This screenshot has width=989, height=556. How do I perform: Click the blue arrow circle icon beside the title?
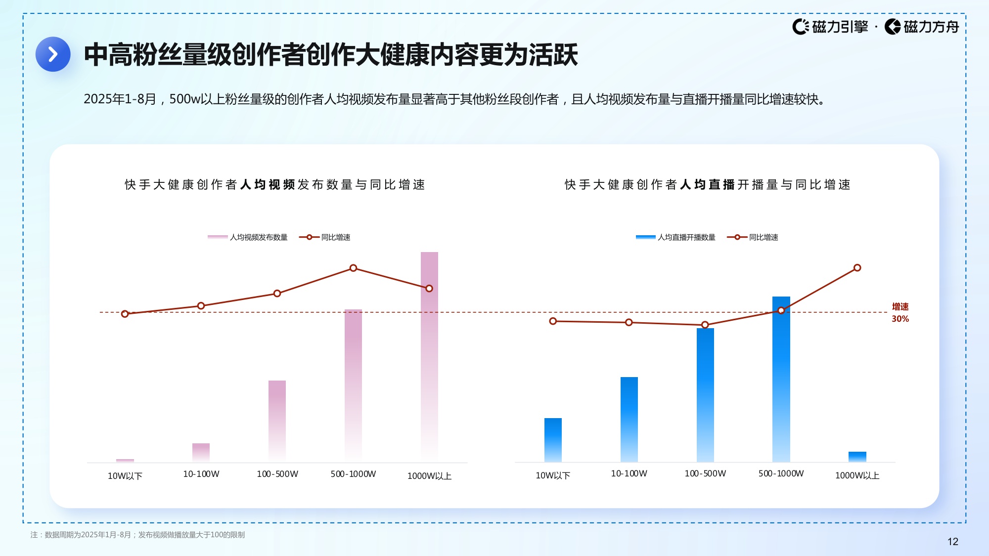[53, 54]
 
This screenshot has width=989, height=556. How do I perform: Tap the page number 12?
[952, 542]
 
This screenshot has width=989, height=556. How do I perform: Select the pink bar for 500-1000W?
[353, 385]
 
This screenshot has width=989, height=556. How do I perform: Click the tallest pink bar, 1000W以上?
[429, 356]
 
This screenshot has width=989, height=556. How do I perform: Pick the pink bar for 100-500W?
[277, 420]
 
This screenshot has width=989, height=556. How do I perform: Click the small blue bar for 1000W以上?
[857, 457]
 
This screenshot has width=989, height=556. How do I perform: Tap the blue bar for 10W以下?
[553, 440]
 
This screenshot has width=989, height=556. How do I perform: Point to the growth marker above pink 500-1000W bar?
[353, 268]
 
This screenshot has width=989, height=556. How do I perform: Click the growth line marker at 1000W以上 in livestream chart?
[857, 268]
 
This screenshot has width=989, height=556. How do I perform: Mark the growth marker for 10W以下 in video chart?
[125, 314]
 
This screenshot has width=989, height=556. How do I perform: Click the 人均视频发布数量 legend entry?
[248, 237]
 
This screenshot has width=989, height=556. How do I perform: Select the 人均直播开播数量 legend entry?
[675, 237]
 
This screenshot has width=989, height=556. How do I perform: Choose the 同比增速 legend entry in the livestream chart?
[753, 237]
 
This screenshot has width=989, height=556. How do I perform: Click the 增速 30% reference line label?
[900, 313]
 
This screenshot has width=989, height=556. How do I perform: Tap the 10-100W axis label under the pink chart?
[201, 474]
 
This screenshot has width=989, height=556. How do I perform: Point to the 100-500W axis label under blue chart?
[705, 473]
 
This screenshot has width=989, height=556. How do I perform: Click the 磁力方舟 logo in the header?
[922, 27]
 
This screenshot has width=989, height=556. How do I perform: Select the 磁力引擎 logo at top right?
[830, 27]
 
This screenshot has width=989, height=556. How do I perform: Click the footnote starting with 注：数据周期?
[137, 535]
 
